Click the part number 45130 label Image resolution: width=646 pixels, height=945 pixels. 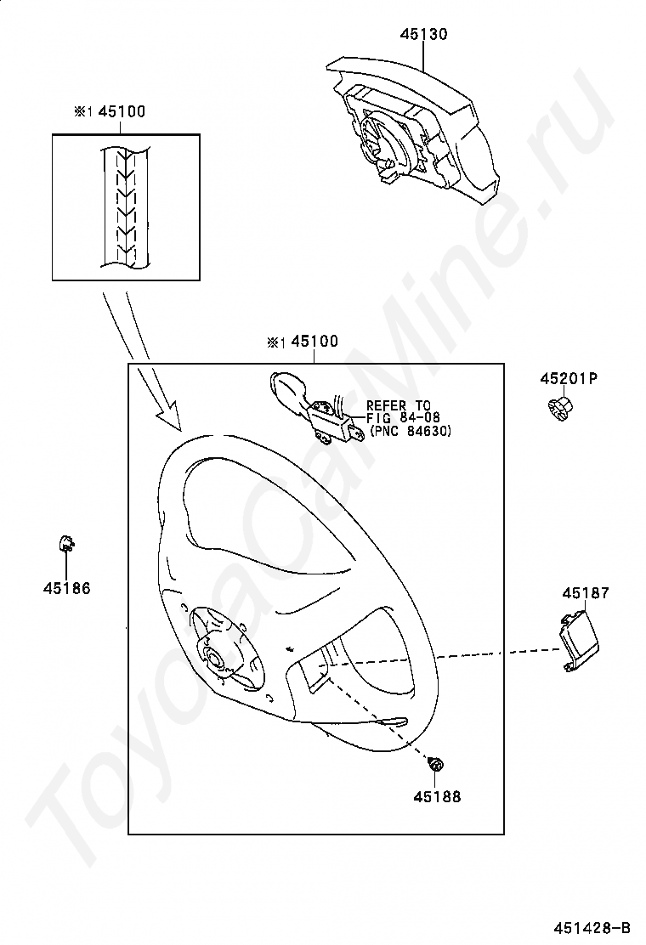(x=423, y=34)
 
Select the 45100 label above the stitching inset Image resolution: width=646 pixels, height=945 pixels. (x=122, y=111)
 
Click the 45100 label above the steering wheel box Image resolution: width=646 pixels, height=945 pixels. (x=314, y=341)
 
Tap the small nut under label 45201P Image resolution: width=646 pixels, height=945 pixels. (x=560, y=407)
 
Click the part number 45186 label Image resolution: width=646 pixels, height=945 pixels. (x=67, y=588)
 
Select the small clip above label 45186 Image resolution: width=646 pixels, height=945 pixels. (x=65, y=544)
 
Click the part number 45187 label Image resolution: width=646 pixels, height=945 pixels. (x=586, y=593)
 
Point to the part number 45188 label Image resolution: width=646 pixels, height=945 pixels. (x=437, y=796)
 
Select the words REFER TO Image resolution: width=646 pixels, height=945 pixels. (x=399, y=405)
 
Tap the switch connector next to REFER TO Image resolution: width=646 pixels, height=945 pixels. (x=316, y=409)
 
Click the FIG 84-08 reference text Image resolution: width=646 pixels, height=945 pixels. (x=403, y=417)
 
